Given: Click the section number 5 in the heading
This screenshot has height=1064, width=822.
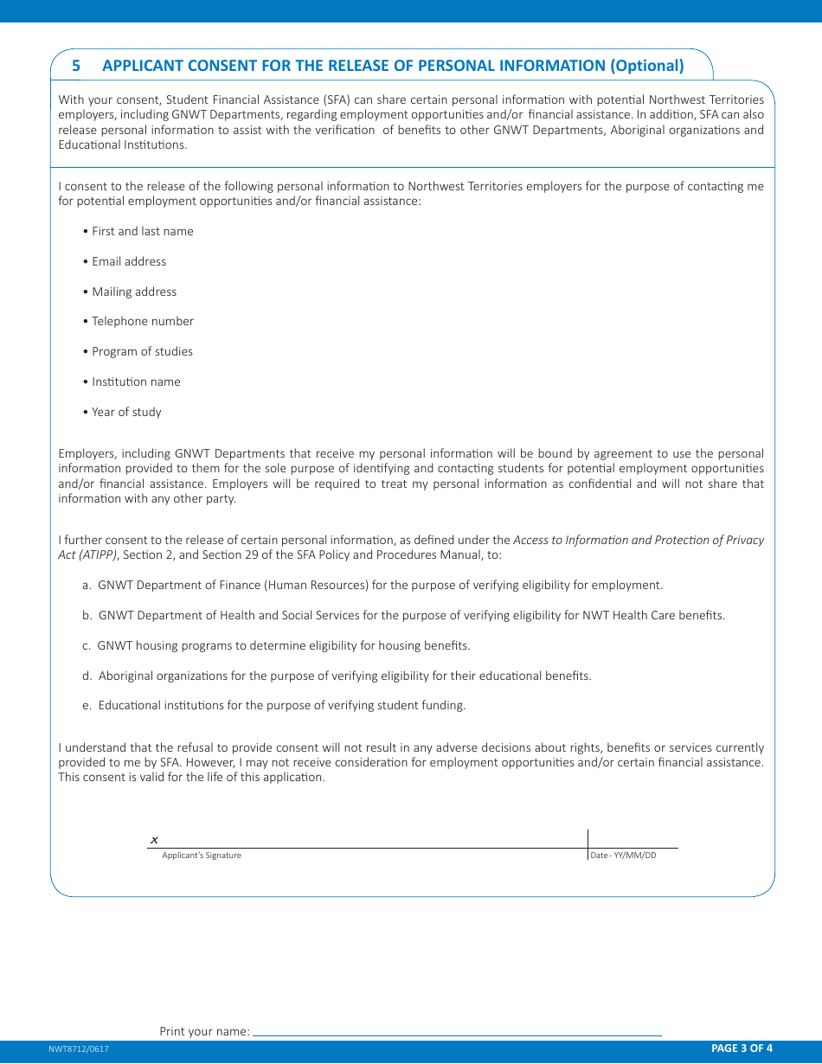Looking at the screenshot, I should tap(76, 66).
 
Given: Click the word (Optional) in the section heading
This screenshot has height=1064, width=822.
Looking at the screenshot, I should tap(646, 66).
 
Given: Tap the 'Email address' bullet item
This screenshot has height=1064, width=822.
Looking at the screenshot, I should tap(128, 261).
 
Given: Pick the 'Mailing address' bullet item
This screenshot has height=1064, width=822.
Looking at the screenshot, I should tap(133, 292).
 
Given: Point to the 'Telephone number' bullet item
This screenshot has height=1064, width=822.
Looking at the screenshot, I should tap(142, 321).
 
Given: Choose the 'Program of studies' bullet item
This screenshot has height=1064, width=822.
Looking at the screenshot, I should tap(142, 351).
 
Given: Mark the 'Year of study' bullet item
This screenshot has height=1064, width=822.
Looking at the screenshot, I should tap(126, 412).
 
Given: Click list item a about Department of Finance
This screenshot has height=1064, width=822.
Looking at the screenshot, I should tap(373, 585).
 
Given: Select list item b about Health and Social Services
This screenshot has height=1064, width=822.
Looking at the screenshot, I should tap(403, 615).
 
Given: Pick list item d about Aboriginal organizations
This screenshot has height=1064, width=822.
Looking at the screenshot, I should tap(337, 676).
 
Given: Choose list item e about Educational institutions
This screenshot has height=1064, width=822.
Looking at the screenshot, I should tap(274, 705).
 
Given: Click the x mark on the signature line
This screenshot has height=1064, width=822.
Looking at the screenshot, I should tap(154, 840).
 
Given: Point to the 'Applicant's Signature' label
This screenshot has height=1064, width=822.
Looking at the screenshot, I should tap(202, 856).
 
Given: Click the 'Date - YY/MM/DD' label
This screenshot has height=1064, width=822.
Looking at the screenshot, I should tap(623, 856).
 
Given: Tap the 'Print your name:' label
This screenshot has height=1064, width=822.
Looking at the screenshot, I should tap(204, 1031).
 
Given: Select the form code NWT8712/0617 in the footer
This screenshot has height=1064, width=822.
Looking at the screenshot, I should tap(79, 1048).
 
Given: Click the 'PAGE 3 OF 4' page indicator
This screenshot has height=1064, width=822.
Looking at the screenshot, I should tap(742, 1048).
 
